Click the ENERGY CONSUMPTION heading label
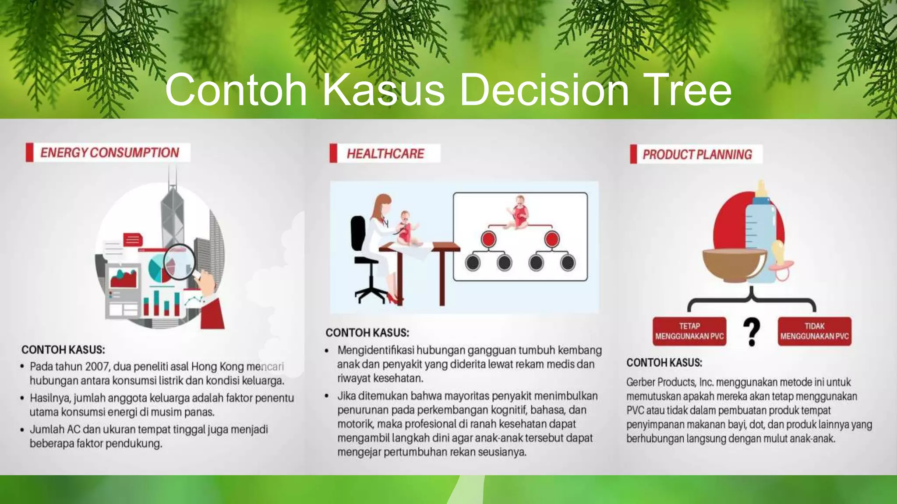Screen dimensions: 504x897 109,153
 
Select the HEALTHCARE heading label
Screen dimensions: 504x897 385,154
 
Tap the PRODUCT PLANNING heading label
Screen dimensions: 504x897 697,154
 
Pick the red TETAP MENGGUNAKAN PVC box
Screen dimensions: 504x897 689,331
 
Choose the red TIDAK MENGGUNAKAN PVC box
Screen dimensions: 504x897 814,331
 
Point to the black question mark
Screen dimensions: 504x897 752,332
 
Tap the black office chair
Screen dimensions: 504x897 364,258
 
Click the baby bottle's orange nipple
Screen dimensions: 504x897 762,189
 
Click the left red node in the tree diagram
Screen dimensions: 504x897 488,239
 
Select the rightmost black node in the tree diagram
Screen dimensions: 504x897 568,262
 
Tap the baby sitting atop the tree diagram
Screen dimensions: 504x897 519,212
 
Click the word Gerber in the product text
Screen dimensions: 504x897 641,382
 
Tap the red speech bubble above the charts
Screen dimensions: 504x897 133,239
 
